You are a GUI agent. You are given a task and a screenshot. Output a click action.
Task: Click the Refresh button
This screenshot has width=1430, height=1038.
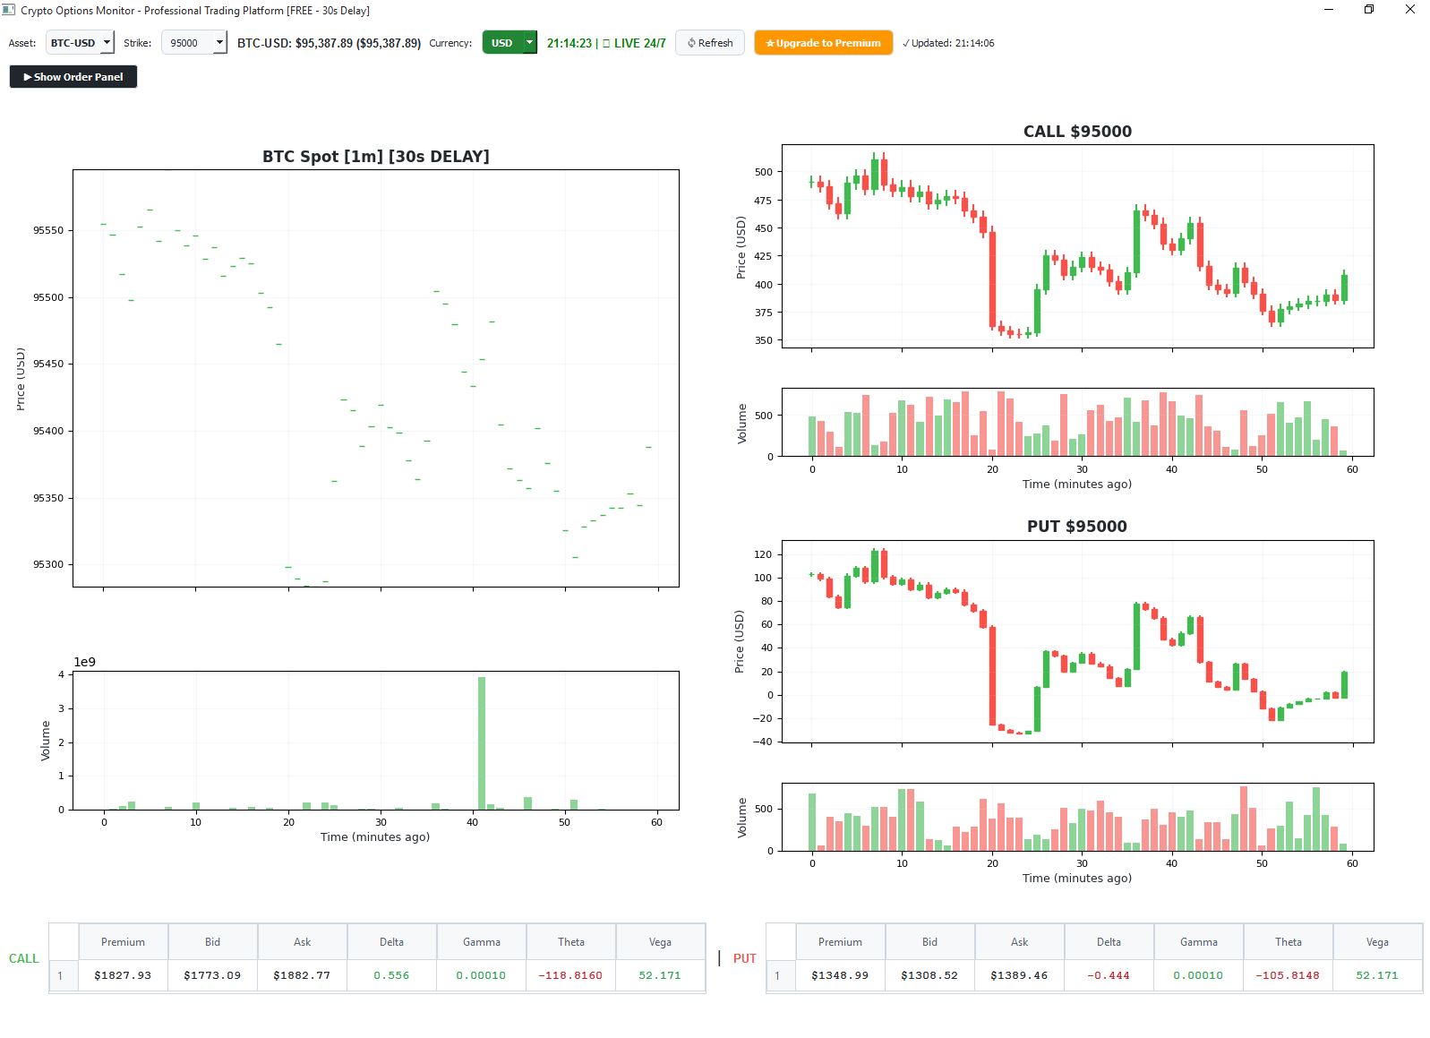tap(710, 43)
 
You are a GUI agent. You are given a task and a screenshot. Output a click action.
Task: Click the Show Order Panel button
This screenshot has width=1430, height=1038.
tap(73, 77)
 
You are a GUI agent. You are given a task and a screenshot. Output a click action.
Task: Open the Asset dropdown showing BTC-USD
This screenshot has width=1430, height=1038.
tap(80, 43)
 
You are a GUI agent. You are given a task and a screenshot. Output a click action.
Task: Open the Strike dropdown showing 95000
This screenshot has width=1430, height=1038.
tap(193, 43)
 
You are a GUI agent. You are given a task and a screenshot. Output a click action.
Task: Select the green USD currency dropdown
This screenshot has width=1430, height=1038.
tap(509, 43)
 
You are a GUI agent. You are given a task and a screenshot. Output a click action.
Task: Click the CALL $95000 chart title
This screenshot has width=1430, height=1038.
tap(1077, 132)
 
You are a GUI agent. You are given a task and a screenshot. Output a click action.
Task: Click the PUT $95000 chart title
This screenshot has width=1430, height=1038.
tap(1076, 527)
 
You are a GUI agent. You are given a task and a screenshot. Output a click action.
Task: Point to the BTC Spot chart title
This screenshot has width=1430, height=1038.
tap(375, 157)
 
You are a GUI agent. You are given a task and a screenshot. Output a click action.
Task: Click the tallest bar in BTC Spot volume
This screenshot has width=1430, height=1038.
tap(482, 742)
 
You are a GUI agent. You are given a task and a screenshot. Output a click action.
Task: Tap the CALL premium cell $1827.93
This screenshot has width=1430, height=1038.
tap(123, 975)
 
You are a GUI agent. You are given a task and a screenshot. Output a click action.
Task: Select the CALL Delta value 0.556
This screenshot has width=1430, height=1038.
tap(391, 975)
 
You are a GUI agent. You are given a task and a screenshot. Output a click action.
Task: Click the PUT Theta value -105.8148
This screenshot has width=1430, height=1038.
tap(1288, 975)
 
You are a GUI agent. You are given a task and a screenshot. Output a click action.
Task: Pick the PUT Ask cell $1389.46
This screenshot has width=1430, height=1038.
tap(1019, 975)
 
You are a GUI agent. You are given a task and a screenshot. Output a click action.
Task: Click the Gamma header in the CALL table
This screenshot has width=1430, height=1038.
tap(482, 942)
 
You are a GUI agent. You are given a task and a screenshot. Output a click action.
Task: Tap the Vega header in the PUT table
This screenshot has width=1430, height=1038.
tap(1377, 942)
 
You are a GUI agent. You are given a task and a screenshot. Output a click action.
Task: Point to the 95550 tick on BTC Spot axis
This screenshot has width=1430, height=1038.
tap(48, 230)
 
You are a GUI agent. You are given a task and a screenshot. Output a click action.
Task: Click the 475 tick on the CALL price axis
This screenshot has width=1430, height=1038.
tap(763, 201)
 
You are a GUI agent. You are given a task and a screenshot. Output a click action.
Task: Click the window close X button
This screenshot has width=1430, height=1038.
tap(1409, 10)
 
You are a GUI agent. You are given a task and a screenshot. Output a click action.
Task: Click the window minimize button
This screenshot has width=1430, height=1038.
tap(1329, 10)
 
